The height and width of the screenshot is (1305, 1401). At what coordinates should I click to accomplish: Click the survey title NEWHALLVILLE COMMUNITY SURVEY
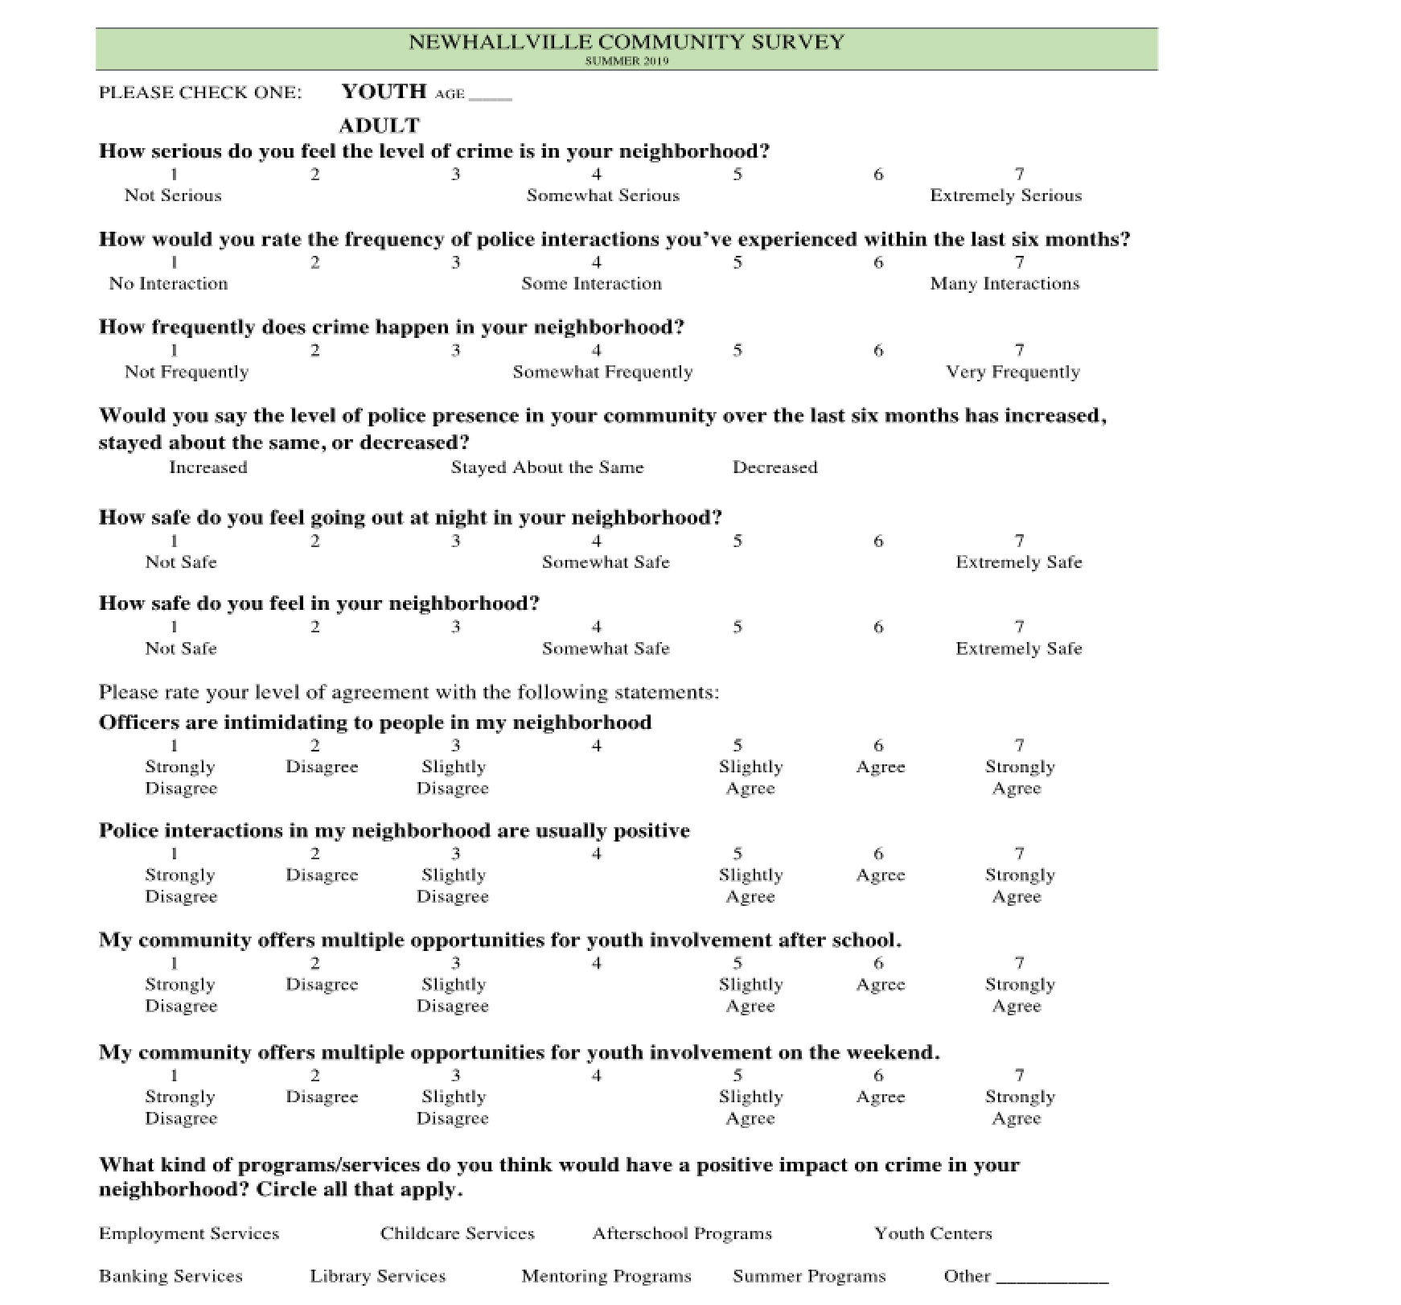[x=627, y=42]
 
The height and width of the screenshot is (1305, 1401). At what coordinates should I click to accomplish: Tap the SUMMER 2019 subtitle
[x=627, y=61]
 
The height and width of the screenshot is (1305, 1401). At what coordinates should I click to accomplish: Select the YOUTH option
[x=384, y=92]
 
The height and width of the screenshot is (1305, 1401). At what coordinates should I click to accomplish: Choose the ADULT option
[x=379, y=126]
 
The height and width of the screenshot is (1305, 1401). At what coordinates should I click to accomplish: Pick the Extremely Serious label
[x=1005, y=196]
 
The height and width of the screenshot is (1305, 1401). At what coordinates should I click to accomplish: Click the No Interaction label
[x=168, y=284]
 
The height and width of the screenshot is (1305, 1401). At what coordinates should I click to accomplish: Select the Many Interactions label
[x=1005, y=284]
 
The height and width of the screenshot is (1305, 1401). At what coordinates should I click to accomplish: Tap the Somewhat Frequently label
[x=602, y=372]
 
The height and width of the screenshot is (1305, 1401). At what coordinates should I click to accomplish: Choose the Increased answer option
[x=207, y=467]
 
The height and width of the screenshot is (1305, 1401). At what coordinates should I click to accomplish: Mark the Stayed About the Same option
[x=547, y=467]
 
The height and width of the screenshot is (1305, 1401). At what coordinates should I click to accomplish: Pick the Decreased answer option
[x=774, y=467]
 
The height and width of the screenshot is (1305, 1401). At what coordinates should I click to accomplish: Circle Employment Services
[x=189, y=1233]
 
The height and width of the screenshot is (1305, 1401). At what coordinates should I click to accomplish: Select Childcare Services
[x=457, y=1233]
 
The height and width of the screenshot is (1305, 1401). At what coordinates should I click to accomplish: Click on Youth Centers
[x=933, y=1233]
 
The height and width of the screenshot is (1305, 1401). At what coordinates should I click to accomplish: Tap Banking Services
[x=171, y=1276]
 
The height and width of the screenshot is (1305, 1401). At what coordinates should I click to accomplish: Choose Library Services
[x=377, y=1276]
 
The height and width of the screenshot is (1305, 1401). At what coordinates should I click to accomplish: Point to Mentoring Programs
[x=606, y=1276]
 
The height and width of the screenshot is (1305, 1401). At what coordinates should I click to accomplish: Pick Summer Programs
[x=809, y=1276]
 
